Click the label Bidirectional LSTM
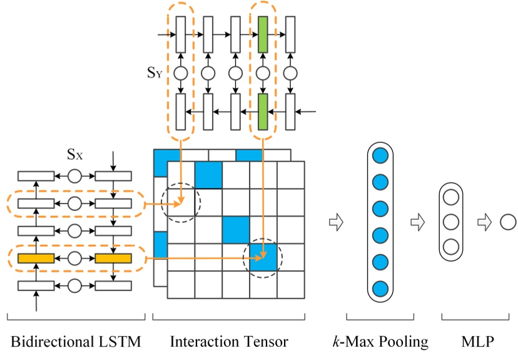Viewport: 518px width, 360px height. coord(75,342)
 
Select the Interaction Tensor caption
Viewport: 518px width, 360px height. coord(229,342)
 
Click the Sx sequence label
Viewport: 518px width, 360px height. coord(76,153)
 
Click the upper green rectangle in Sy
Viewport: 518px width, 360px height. coord(263,34)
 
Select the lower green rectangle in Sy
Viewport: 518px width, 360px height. coord(263,111)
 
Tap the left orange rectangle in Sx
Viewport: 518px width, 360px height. coord(36,258)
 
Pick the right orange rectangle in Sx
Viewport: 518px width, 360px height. coord(113,258)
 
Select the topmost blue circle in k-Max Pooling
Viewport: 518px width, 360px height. coord(380,155)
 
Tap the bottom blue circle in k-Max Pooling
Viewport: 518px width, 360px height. coord(380,289)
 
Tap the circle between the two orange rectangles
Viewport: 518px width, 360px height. coord(75,258)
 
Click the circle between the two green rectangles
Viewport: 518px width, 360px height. coord(263,73)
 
